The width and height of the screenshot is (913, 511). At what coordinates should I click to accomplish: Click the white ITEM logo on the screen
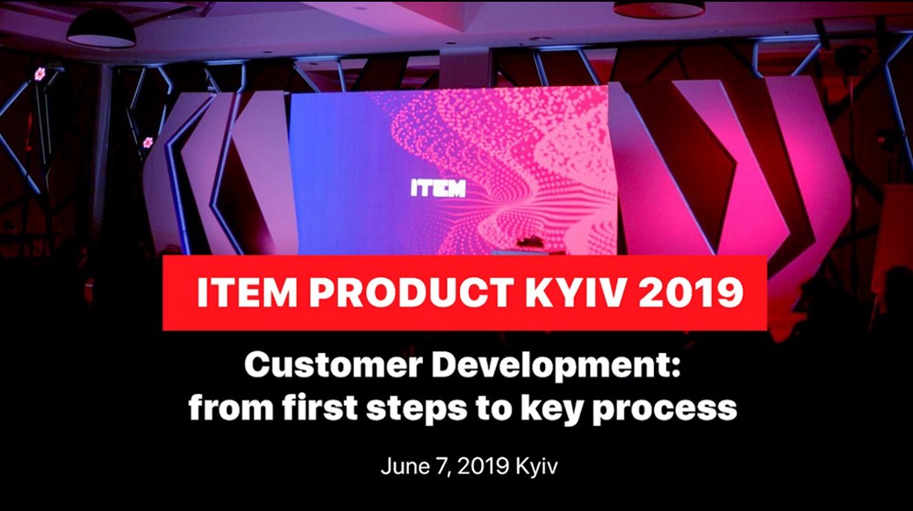pos(438,188)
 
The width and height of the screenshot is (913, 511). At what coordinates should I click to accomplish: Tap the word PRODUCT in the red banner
pos(410,291)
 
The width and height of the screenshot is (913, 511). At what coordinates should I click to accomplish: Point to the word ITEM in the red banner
pos(247,291)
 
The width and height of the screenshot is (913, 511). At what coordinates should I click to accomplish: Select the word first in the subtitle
pos(320,407)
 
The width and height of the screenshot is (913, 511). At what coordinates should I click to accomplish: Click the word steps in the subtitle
pos(416,409)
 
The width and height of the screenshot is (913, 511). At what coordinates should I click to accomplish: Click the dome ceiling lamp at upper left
pos(101,29)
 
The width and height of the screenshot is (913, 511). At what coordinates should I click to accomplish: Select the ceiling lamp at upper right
pos(659,8)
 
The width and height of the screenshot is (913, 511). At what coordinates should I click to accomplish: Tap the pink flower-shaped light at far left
pos(40,74)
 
